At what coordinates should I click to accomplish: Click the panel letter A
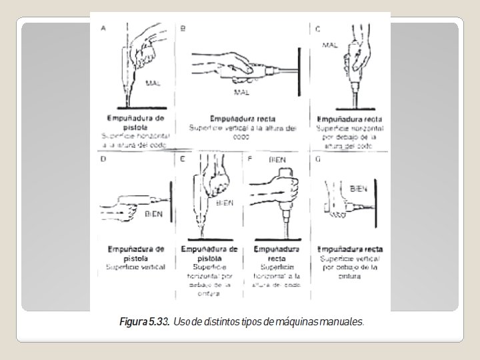103,28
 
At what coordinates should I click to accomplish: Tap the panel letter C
318,29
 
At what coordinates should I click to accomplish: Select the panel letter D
103,159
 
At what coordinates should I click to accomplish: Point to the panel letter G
318,160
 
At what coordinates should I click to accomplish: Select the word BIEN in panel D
154,214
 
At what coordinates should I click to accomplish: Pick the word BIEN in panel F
277,160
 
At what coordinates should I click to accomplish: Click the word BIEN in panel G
359,189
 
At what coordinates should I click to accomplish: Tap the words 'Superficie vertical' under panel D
136,267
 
